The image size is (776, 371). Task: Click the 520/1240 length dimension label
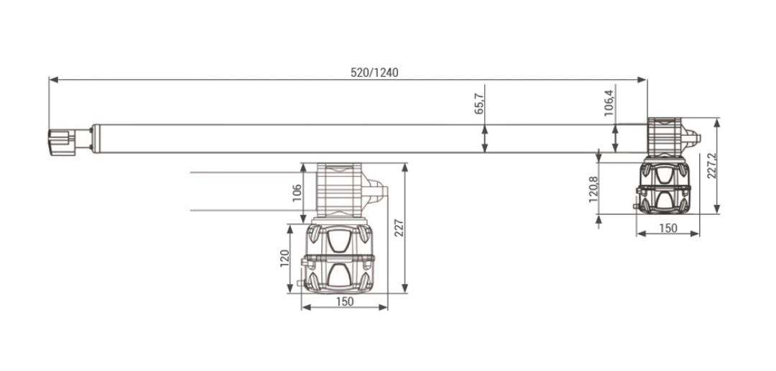click(374, 73)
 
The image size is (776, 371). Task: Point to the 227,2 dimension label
click(711, 166)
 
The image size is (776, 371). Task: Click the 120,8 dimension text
click(594, 190)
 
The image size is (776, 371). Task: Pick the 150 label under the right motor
click(668, 229)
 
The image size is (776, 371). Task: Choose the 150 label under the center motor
click(344, 301)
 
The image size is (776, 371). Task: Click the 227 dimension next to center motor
click(399, 227)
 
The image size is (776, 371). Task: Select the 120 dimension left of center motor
click(284, 258)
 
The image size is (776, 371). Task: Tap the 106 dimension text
click(297, 193)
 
